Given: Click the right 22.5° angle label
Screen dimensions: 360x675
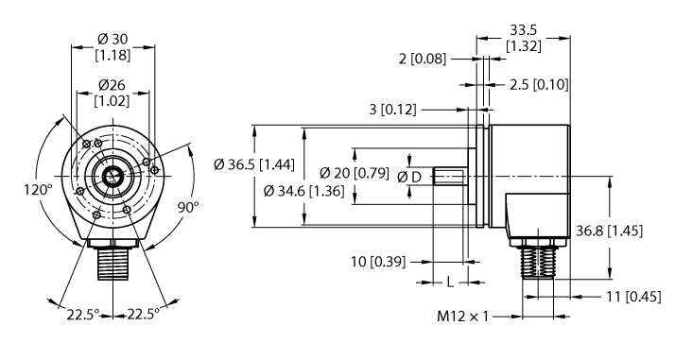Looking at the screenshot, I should pos(145,312).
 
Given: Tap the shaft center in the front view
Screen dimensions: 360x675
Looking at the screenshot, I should pos(113,177).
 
